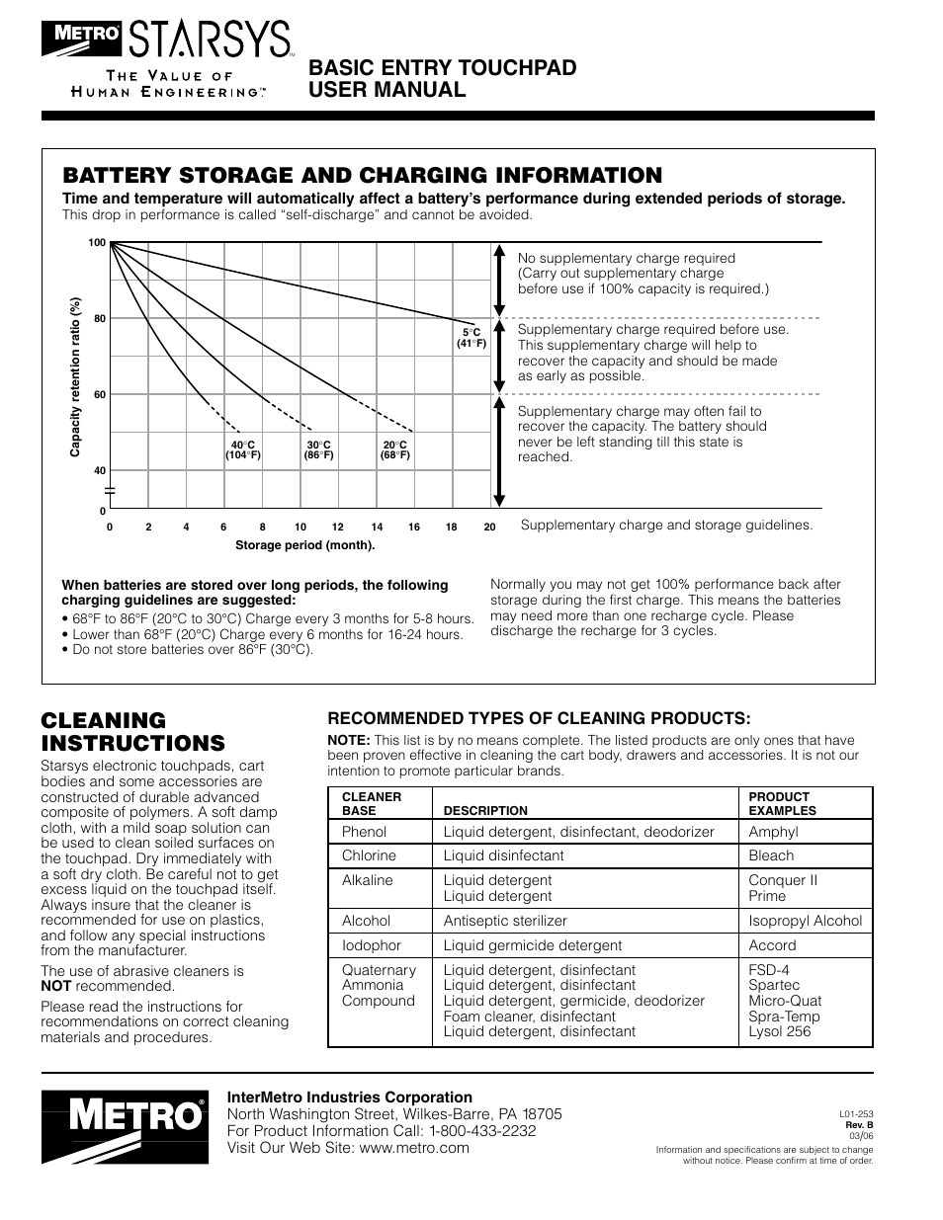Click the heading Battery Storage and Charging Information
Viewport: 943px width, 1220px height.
tap(362, 175)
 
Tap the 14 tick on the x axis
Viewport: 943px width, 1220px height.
tap(377, 528)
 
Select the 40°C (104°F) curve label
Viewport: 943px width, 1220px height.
tap(243, 450)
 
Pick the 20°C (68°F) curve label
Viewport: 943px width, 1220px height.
tap(395, 450)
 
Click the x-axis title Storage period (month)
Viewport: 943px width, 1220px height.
tap(304, 544)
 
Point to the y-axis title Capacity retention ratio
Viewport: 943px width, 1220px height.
tap(74, 377)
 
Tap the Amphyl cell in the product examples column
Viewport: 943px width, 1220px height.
tap(773, 832)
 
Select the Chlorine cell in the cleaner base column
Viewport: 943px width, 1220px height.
tap(369, 855)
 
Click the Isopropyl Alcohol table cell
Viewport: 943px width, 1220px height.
tap(805, 921)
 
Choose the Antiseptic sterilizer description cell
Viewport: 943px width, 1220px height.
tap(504, 921)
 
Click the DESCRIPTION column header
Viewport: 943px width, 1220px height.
tap(485, 810)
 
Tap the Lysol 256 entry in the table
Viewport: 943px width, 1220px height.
tap(779, 1031)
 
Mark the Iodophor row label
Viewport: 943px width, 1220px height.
tap(372, 945)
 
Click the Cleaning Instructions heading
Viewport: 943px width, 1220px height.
tap(132, 731)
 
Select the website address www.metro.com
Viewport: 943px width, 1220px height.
tap(414, 1147)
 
